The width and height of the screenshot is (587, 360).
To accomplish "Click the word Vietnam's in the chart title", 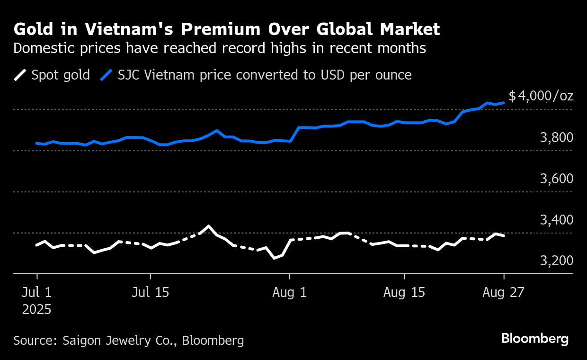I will click(122, 29).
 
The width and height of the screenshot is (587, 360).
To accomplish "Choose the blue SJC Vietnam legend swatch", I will click(107, 75).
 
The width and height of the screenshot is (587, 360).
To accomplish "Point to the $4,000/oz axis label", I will click(541, 96).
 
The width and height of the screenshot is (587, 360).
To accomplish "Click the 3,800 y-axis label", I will click(556, 137).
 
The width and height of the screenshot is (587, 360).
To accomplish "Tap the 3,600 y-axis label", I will click(556, 179).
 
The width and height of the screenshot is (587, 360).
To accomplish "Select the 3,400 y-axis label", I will click(556, 220).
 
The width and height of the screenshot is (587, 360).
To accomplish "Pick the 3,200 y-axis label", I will click(556, 261).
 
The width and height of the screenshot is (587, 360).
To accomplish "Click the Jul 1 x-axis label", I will click(37, 292).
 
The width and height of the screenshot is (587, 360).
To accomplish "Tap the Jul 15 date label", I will click(151, 292).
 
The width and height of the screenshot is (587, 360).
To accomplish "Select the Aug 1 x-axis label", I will click(290, 292).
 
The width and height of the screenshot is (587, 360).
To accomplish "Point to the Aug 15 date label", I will click(404, 292).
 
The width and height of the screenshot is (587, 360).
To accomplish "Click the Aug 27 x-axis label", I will click(504, 292).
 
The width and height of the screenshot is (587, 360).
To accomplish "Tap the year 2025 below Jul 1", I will click(37, 310).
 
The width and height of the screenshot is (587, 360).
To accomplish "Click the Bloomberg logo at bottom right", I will click(535, 339).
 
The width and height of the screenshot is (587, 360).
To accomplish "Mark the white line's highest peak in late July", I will click(208, 226).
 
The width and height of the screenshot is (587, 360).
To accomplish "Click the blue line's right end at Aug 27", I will click(504, 102).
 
